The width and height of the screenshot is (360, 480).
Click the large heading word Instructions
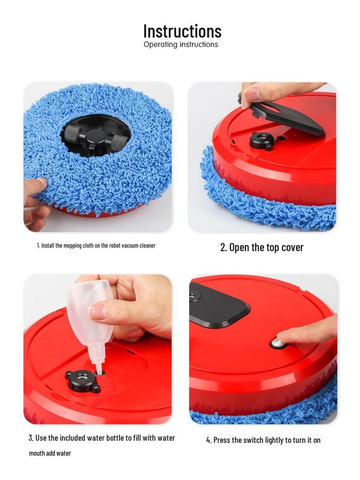pyautogui.click(x=182, y=31)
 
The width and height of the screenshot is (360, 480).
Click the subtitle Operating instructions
pyautogui.click(x=180, y=45)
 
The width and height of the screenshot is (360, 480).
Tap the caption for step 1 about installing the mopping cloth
pyautogui.click(x=96, y=246)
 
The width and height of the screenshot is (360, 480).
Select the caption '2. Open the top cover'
pyautogui.click(x=262, y=247)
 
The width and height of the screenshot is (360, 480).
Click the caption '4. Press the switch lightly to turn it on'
pyautogui.click(x=263, y=440)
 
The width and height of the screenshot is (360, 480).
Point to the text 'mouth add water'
pyautogui.click(x=50, y=453)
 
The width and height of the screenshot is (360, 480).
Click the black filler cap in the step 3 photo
pyautogui.click(x=82, y=381)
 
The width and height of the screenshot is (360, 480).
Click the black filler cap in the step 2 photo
pyautogui.click(x=261, y=140)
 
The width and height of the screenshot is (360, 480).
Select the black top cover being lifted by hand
pyautogui.click(x=286, y=115)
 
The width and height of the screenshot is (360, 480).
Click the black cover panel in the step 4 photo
pyautogui.click(x=218, y=305)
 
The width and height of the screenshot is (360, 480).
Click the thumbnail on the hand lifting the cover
pyautogui.click(x=252, y=95)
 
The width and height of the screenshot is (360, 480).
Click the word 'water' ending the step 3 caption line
pyautogui.click(x=166, y=438)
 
